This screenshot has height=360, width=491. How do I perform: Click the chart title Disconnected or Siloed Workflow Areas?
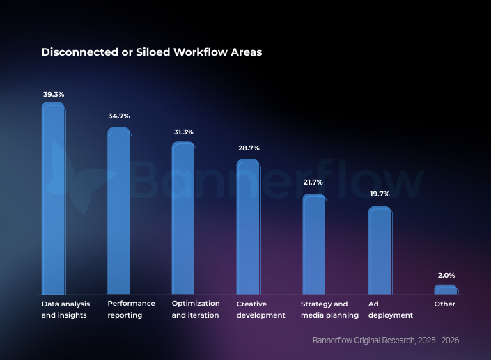tap(151, 52)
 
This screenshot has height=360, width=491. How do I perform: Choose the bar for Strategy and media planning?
tap(314, 244)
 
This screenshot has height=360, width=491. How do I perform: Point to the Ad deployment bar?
tap(380, 251)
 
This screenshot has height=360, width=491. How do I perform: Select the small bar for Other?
tap(446, 289)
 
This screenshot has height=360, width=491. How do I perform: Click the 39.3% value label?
tap(54, 94)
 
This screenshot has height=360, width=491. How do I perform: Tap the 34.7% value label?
tap(118, 116)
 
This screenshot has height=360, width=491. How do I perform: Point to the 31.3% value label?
tap(183, 132)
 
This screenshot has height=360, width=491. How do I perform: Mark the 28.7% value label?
tap(249, 148)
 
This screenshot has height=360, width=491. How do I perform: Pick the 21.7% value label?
tap(313, 182)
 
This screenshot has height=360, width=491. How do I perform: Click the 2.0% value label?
tap(446, 276)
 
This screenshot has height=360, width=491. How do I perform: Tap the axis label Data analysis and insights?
tap(64, 309)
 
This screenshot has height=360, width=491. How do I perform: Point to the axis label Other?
tap(444, 304)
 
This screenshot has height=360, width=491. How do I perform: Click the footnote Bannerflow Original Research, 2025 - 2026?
tap(386, 341)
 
